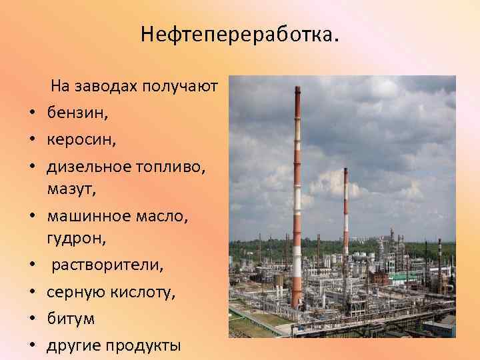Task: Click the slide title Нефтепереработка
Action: click(x=240, y=34)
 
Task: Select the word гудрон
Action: click(x=73, y=239)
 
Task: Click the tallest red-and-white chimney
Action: click(x=297, y=200)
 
